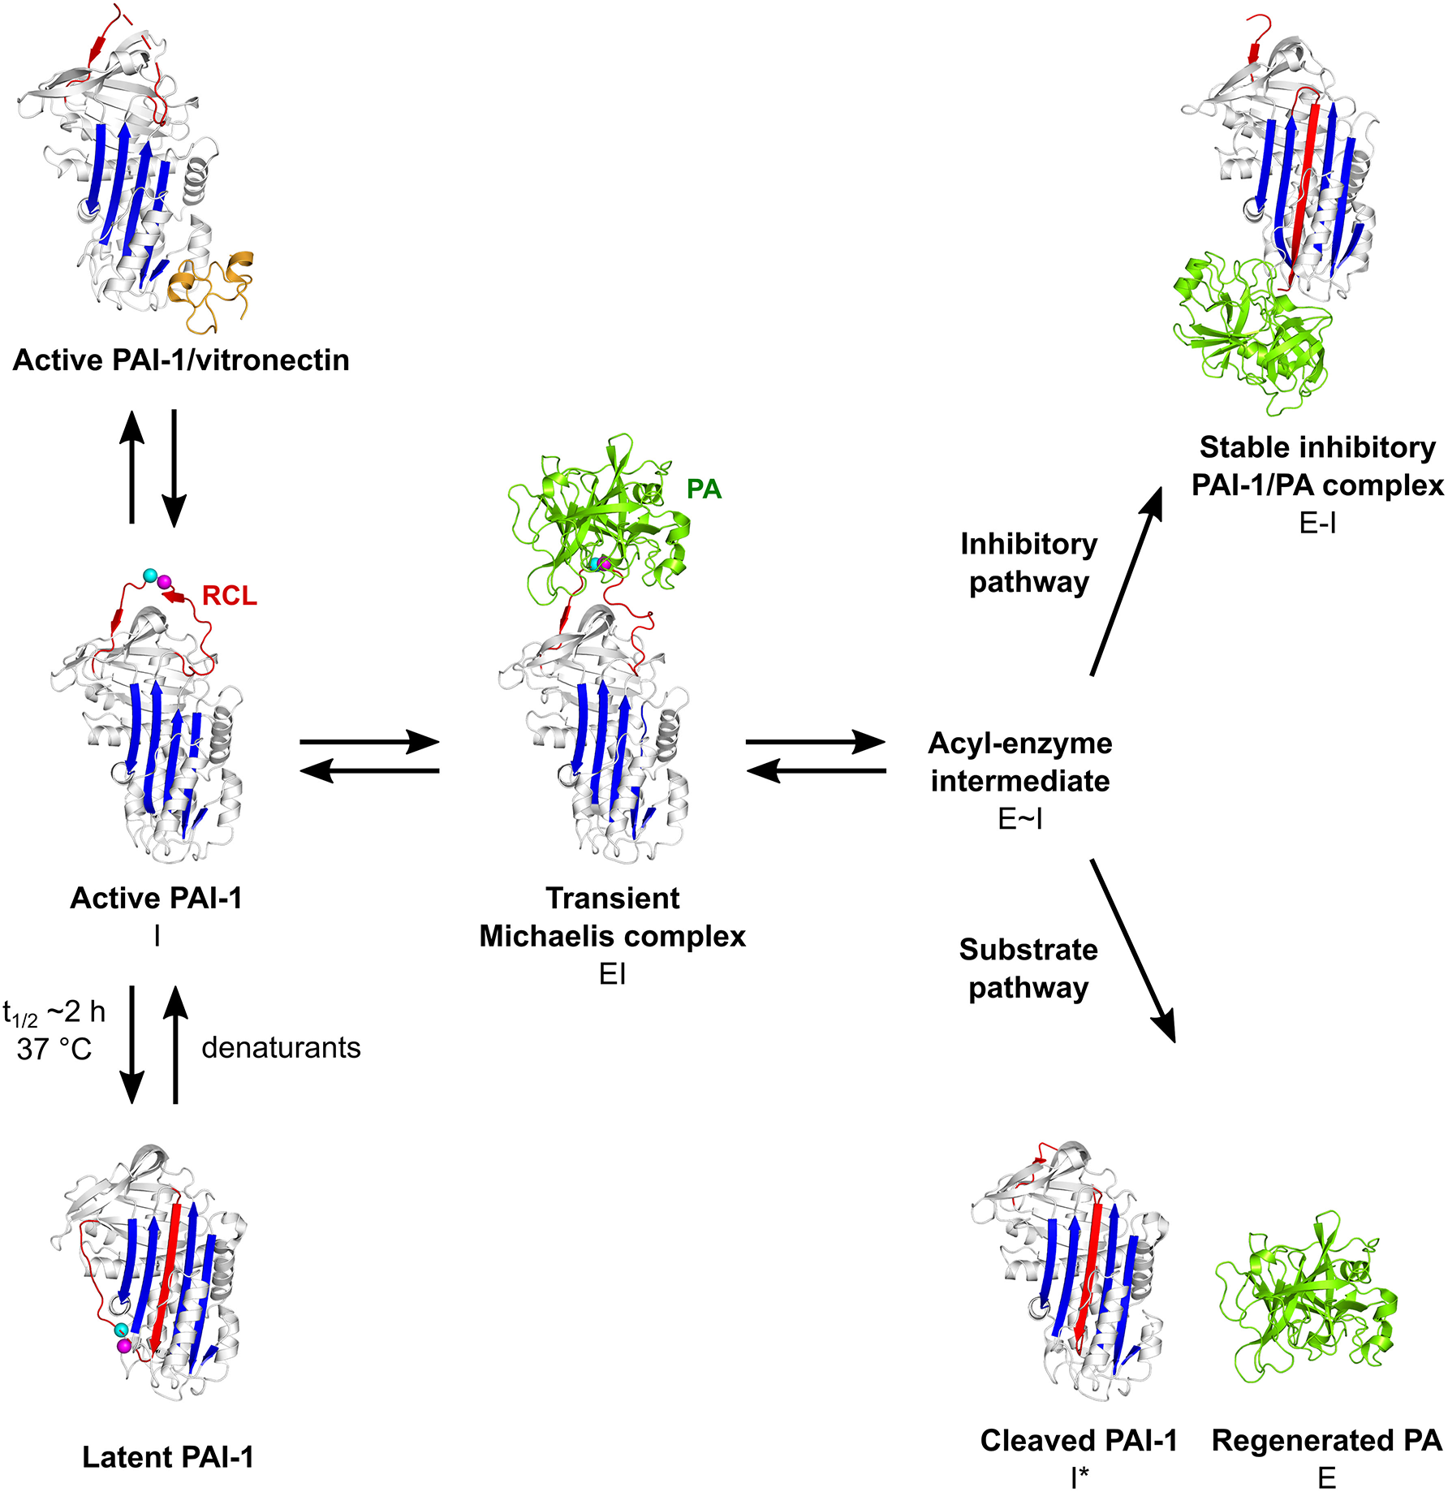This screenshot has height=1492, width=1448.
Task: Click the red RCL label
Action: (x=229, y=596)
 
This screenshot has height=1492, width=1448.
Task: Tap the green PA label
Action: (x=704, y=489)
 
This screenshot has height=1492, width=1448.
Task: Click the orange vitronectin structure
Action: (x=211, y=292)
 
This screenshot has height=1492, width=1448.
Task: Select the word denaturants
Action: (x=281, y=1047)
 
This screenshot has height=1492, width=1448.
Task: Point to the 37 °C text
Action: (x=54, y=1049)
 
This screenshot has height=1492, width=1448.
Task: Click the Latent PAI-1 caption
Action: (x=168, y=1457)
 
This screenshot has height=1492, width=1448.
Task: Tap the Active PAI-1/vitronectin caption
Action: (x=181, y=360)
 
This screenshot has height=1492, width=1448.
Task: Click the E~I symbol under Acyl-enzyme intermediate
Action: (x=1019, y=820)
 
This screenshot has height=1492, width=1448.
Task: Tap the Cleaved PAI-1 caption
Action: (x=1078, y=1440)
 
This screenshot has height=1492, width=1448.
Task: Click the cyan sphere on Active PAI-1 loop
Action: (x=149, y=575)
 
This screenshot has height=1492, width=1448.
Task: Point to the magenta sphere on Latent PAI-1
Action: (x=123, y=1345)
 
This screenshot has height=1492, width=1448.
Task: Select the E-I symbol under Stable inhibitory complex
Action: (x=1317, y=524)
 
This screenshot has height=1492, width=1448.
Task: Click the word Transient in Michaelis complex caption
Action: (x=613, y=898)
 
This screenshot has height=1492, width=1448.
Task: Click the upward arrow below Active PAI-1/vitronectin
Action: (x=131, y=467)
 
